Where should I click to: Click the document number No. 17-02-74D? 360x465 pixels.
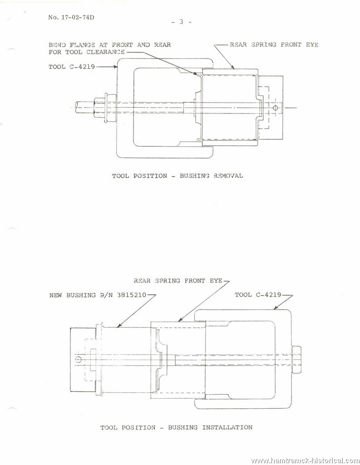pos(71,17)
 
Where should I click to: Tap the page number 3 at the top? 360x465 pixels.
pos(181,22)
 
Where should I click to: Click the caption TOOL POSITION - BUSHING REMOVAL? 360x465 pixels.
pos(178,176)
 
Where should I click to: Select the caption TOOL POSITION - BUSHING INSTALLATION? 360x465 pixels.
pos(177,427)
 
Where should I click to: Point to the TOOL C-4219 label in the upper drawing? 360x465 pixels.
pos(72,67)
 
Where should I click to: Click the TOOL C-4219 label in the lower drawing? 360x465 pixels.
pos(258,295)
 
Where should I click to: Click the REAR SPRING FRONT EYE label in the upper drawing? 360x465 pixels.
pos(274,45)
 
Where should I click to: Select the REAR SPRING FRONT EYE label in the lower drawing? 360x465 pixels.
pos(178,281)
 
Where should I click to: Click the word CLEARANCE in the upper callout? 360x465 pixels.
pos(106,52)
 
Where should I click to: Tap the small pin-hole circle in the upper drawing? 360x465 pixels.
pos(275,108)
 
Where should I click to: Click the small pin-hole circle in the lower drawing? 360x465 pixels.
pos(78,360)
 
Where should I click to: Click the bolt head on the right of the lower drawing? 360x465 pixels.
pos(297,360)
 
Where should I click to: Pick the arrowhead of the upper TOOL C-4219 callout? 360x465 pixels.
pos(116,67)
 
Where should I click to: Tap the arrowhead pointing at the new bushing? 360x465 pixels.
pos(118,326)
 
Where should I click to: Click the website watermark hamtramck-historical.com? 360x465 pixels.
pos(306,460)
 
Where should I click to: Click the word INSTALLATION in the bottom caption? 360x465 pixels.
pos(227,427)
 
